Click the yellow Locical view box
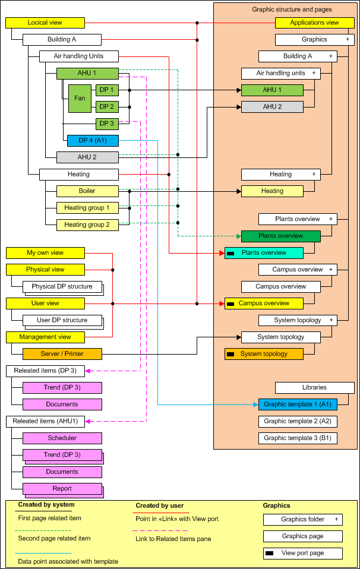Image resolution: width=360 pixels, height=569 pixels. [45, 23]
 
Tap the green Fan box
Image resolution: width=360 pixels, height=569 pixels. [80, 98]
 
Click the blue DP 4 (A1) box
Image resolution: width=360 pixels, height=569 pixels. [93, 141]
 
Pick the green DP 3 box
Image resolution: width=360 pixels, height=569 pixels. [107, 124]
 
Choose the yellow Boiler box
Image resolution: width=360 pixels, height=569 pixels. [87, 191]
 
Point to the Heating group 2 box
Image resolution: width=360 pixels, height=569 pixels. [87, 225]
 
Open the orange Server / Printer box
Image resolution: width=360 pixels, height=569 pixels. [62, 354]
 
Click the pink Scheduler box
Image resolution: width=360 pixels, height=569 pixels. [62, 438]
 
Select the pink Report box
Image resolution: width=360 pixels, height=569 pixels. [62, 489]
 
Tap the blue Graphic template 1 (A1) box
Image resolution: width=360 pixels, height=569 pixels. [298, 404]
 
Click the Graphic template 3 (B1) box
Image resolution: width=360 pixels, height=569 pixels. [298, 438]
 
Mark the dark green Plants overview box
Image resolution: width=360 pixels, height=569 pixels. [280, 236]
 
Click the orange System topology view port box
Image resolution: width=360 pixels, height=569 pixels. [264, 354]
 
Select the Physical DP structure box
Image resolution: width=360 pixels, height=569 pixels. [62, 287]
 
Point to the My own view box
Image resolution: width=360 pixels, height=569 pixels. [45, 253]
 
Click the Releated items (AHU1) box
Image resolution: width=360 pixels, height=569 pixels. [45, 421]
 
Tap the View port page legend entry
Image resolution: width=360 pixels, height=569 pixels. [303, 553]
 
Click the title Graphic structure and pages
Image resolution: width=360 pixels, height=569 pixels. [292, 10]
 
